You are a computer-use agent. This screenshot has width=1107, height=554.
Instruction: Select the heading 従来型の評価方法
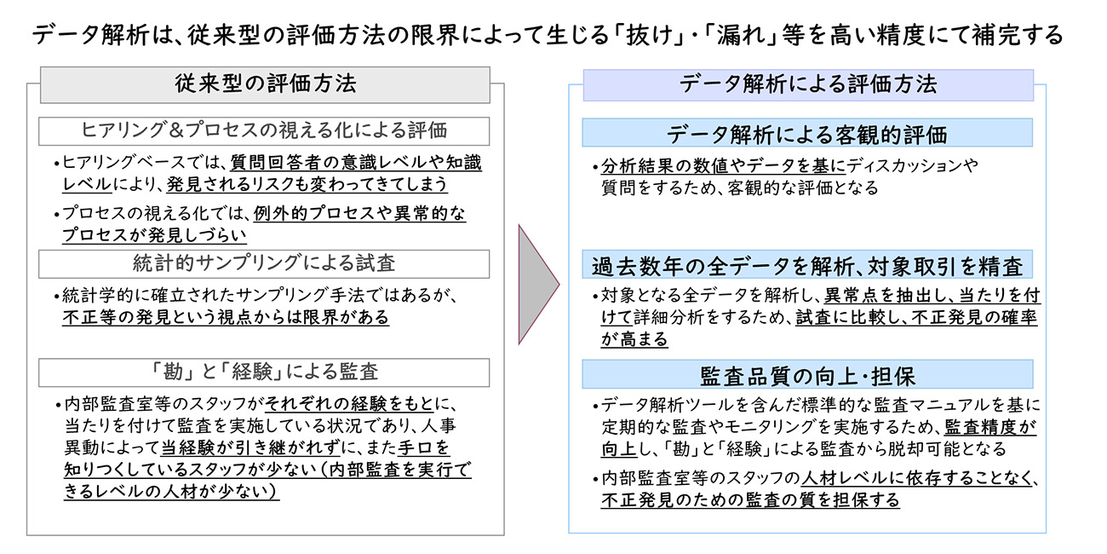click(265, 84)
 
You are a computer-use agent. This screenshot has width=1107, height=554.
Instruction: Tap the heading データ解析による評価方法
click(807, 84)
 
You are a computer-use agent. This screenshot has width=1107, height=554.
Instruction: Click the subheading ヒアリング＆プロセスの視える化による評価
click(265, 131)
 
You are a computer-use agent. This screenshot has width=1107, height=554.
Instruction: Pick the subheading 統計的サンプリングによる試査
click(265, 263)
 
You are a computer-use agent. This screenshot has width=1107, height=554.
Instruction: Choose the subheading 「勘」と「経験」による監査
click(265, 372)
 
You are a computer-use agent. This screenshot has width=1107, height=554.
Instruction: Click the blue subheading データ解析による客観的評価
click(807, 134)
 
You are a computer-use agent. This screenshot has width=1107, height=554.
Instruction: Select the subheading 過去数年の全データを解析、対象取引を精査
click(807, 266)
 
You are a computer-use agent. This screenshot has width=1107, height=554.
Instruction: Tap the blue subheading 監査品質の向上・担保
click(807, 374)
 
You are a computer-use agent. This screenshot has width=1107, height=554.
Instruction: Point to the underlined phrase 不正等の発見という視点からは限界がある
click(226, 317)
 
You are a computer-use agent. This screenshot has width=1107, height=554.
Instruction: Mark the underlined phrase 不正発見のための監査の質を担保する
click(750, 500)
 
